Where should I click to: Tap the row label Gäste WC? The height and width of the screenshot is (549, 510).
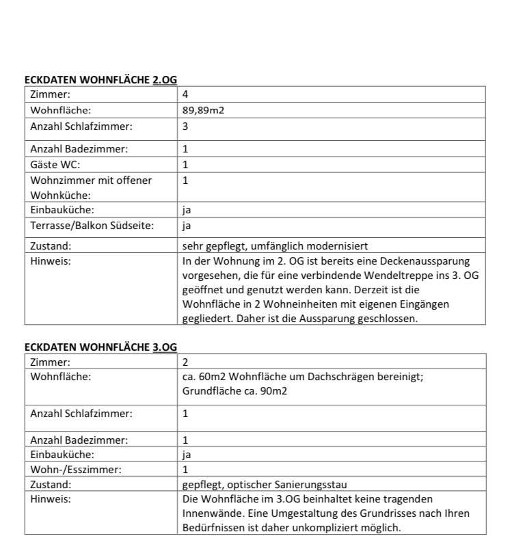[51, 165]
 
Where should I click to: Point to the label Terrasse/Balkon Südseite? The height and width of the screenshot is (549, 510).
[82, 226]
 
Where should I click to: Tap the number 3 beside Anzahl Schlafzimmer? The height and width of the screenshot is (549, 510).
[185, 126]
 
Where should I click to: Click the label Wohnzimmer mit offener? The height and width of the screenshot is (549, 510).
[91, 180]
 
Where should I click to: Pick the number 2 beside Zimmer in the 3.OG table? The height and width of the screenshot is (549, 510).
[185, 362]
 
